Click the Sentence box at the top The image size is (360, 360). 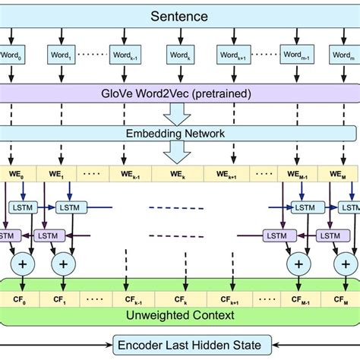pos(180,15)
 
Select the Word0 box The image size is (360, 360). pos(11,55)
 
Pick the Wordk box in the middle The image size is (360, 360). pos(180,55)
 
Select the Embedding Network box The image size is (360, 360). pos(180,134)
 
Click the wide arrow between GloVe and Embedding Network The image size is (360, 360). pos(180,113)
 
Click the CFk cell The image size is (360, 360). pos(180,300)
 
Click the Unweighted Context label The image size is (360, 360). pos(180,314)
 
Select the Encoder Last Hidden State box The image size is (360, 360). pos(190,346)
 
